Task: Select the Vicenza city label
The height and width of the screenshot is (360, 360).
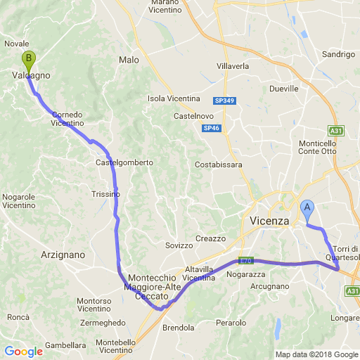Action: (x=270, y=221)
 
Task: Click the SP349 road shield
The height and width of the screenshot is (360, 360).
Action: (x=224, y=101)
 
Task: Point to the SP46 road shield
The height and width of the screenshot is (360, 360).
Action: (x=211, y=128)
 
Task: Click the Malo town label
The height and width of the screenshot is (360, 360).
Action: (x=129, y=60)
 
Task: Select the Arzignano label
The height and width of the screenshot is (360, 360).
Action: (x=63, y=255)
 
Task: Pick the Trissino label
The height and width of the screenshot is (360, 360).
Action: (x=106, y=194)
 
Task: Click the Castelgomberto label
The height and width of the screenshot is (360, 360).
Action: (x=124, y=162)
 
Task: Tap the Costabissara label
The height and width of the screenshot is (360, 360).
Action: (x=219, y=165)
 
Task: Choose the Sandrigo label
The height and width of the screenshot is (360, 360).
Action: (x=337, y=54)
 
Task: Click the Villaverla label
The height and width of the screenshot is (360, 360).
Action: (x=233, y=66)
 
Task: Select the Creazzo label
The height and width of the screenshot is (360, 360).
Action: (x=210, y=238)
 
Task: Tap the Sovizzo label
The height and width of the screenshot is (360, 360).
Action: (x=179, y=245)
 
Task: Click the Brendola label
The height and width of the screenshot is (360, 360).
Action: (x=178, y=328)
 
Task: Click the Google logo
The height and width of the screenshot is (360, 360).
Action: (x=23, y=352)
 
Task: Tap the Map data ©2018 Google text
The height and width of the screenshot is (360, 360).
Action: (x=316, y=355)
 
